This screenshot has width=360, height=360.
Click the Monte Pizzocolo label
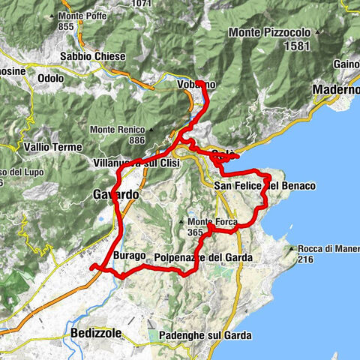[x=272, y=33]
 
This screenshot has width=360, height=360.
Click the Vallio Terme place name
[x=52, y=146]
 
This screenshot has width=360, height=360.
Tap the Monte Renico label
[x=116, y=129]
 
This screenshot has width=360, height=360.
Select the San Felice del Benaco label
[x=264, y=185]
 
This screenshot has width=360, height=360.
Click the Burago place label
[x=130, y=256]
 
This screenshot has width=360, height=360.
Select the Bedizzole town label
[x=100, y=332]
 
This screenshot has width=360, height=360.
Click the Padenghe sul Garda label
[x=199, y=335]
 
